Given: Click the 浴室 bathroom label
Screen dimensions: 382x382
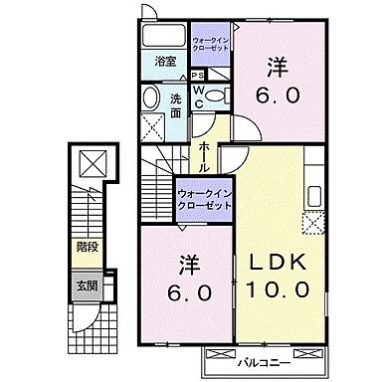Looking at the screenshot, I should [165, 62].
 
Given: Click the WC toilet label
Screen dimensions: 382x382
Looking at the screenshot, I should [199, 95].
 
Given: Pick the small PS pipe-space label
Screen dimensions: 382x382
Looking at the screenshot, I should [199, 75].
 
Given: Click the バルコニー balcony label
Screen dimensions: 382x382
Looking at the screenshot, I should [263, 355].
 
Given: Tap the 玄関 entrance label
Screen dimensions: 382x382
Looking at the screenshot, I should [88, 285].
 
